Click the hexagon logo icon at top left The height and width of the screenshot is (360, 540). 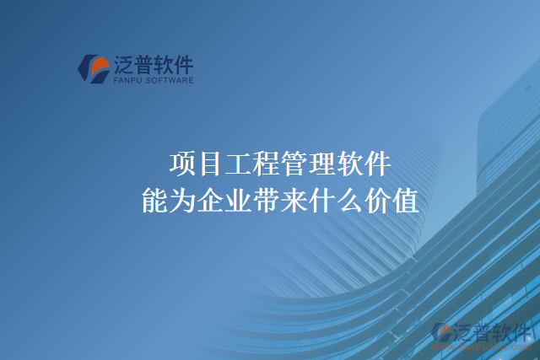click(92, 68)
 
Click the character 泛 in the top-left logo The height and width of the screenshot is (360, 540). click(121, 64)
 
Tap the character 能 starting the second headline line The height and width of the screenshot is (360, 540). click(154, 201)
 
